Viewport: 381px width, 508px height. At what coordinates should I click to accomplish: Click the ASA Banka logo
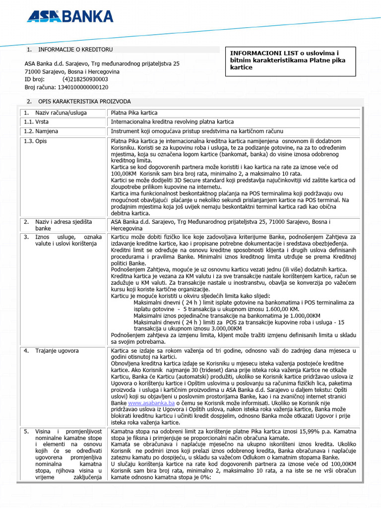click(70, 17)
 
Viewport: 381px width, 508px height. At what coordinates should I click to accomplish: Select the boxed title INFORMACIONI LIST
click(290, 61)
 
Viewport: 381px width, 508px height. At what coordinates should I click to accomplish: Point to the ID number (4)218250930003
click(85, 79)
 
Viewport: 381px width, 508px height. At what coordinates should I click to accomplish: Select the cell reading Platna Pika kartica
click(134, 113)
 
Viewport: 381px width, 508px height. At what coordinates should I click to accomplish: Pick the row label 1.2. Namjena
click(41, 131)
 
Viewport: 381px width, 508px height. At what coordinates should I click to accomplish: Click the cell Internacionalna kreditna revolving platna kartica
click(172, 122)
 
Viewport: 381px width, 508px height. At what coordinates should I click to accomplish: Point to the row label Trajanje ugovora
click(57, 351)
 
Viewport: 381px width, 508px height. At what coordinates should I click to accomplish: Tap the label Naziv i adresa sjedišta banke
click(63, 225)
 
